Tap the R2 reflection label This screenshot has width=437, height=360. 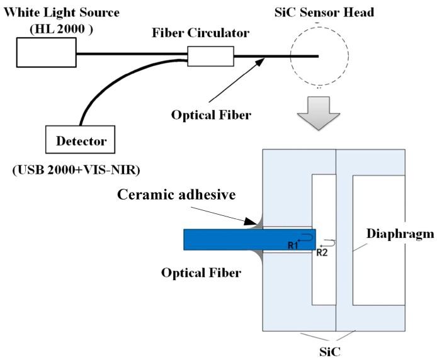click(322, 252)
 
